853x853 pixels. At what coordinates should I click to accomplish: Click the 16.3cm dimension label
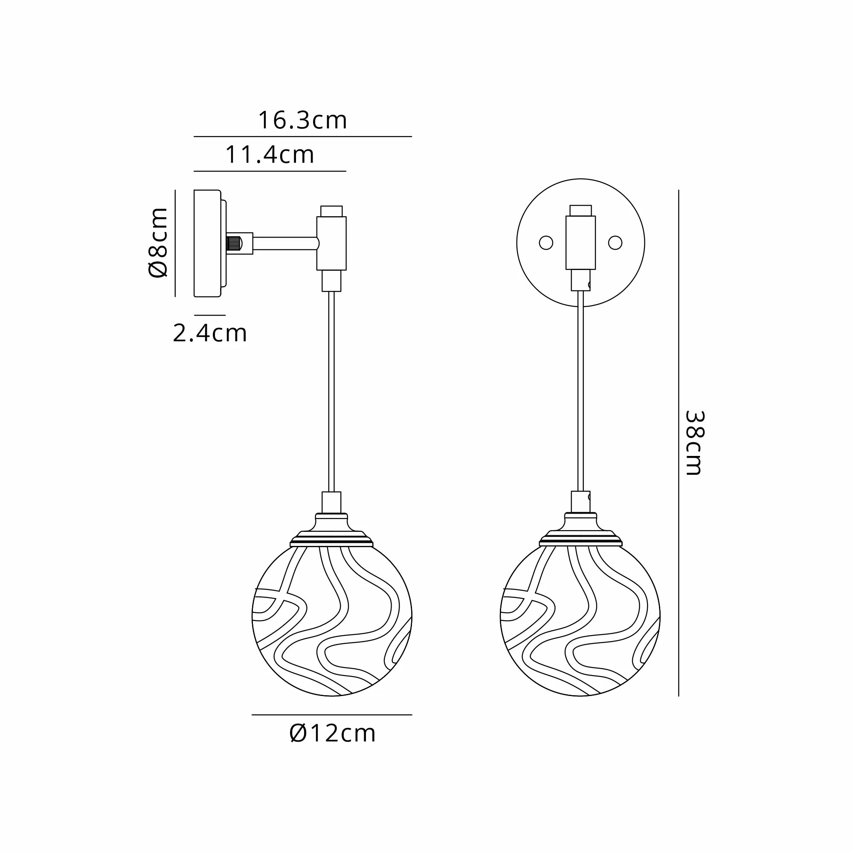(302, 121)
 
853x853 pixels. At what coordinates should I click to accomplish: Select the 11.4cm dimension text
(270, 155)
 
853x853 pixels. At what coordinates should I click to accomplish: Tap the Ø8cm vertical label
(158, 242)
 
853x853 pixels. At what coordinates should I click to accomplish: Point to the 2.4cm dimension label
(210, 334)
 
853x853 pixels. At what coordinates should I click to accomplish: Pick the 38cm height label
(694, 443)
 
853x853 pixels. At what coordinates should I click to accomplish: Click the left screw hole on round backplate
(546, 243)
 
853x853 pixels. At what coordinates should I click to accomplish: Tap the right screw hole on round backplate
(615, 242)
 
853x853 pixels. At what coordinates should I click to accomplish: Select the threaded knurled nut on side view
(234, 243)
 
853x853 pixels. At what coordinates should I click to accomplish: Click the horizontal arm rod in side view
(285, 243)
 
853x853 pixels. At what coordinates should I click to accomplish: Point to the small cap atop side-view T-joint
(331, 211)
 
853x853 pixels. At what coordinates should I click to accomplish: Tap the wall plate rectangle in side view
(207, 243)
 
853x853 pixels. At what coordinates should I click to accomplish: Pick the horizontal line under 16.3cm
(302, 136)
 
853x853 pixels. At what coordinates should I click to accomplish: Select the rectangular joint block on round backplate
(580, 242)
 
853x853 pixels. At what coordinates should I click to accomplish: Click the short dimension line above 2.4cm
(210, 315)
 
